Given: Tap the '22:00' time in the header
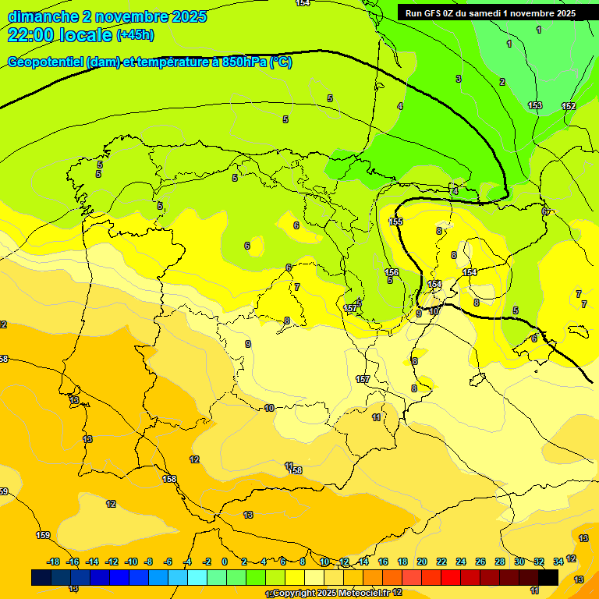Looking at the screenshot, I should (x=31, y=35).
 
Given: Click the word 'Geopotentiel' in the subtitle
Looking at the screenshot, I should (x=46, y=62).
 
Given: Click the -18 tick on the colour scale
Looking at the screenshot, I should (x=53, y=562).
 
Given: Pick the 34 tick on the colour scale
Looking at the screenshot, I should (x=558, y=562).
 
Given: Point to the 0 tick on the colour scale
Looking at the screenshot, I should (x=225, y=562).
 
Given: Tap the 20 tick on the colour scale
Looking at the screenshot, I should (x=422, y=562).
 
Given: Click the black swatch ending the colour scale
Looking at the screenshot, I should (x=548, y=577).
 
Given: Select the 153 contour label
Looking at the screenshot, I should (x=535, y=105).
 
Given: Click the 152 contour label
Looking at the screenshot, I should (x=569, y=106).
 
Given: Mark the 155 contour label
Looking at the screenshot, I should (x=395, y=222).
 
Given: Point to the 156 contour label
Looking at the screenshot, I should (x=392, y=272).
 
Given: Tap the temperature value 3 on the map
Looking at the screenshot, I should (x=459, y=79).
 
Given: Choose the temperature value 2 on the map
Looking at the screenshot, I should (x=502, y=82).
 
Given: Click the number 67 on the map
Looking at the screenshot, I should (x=546, y=212).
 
